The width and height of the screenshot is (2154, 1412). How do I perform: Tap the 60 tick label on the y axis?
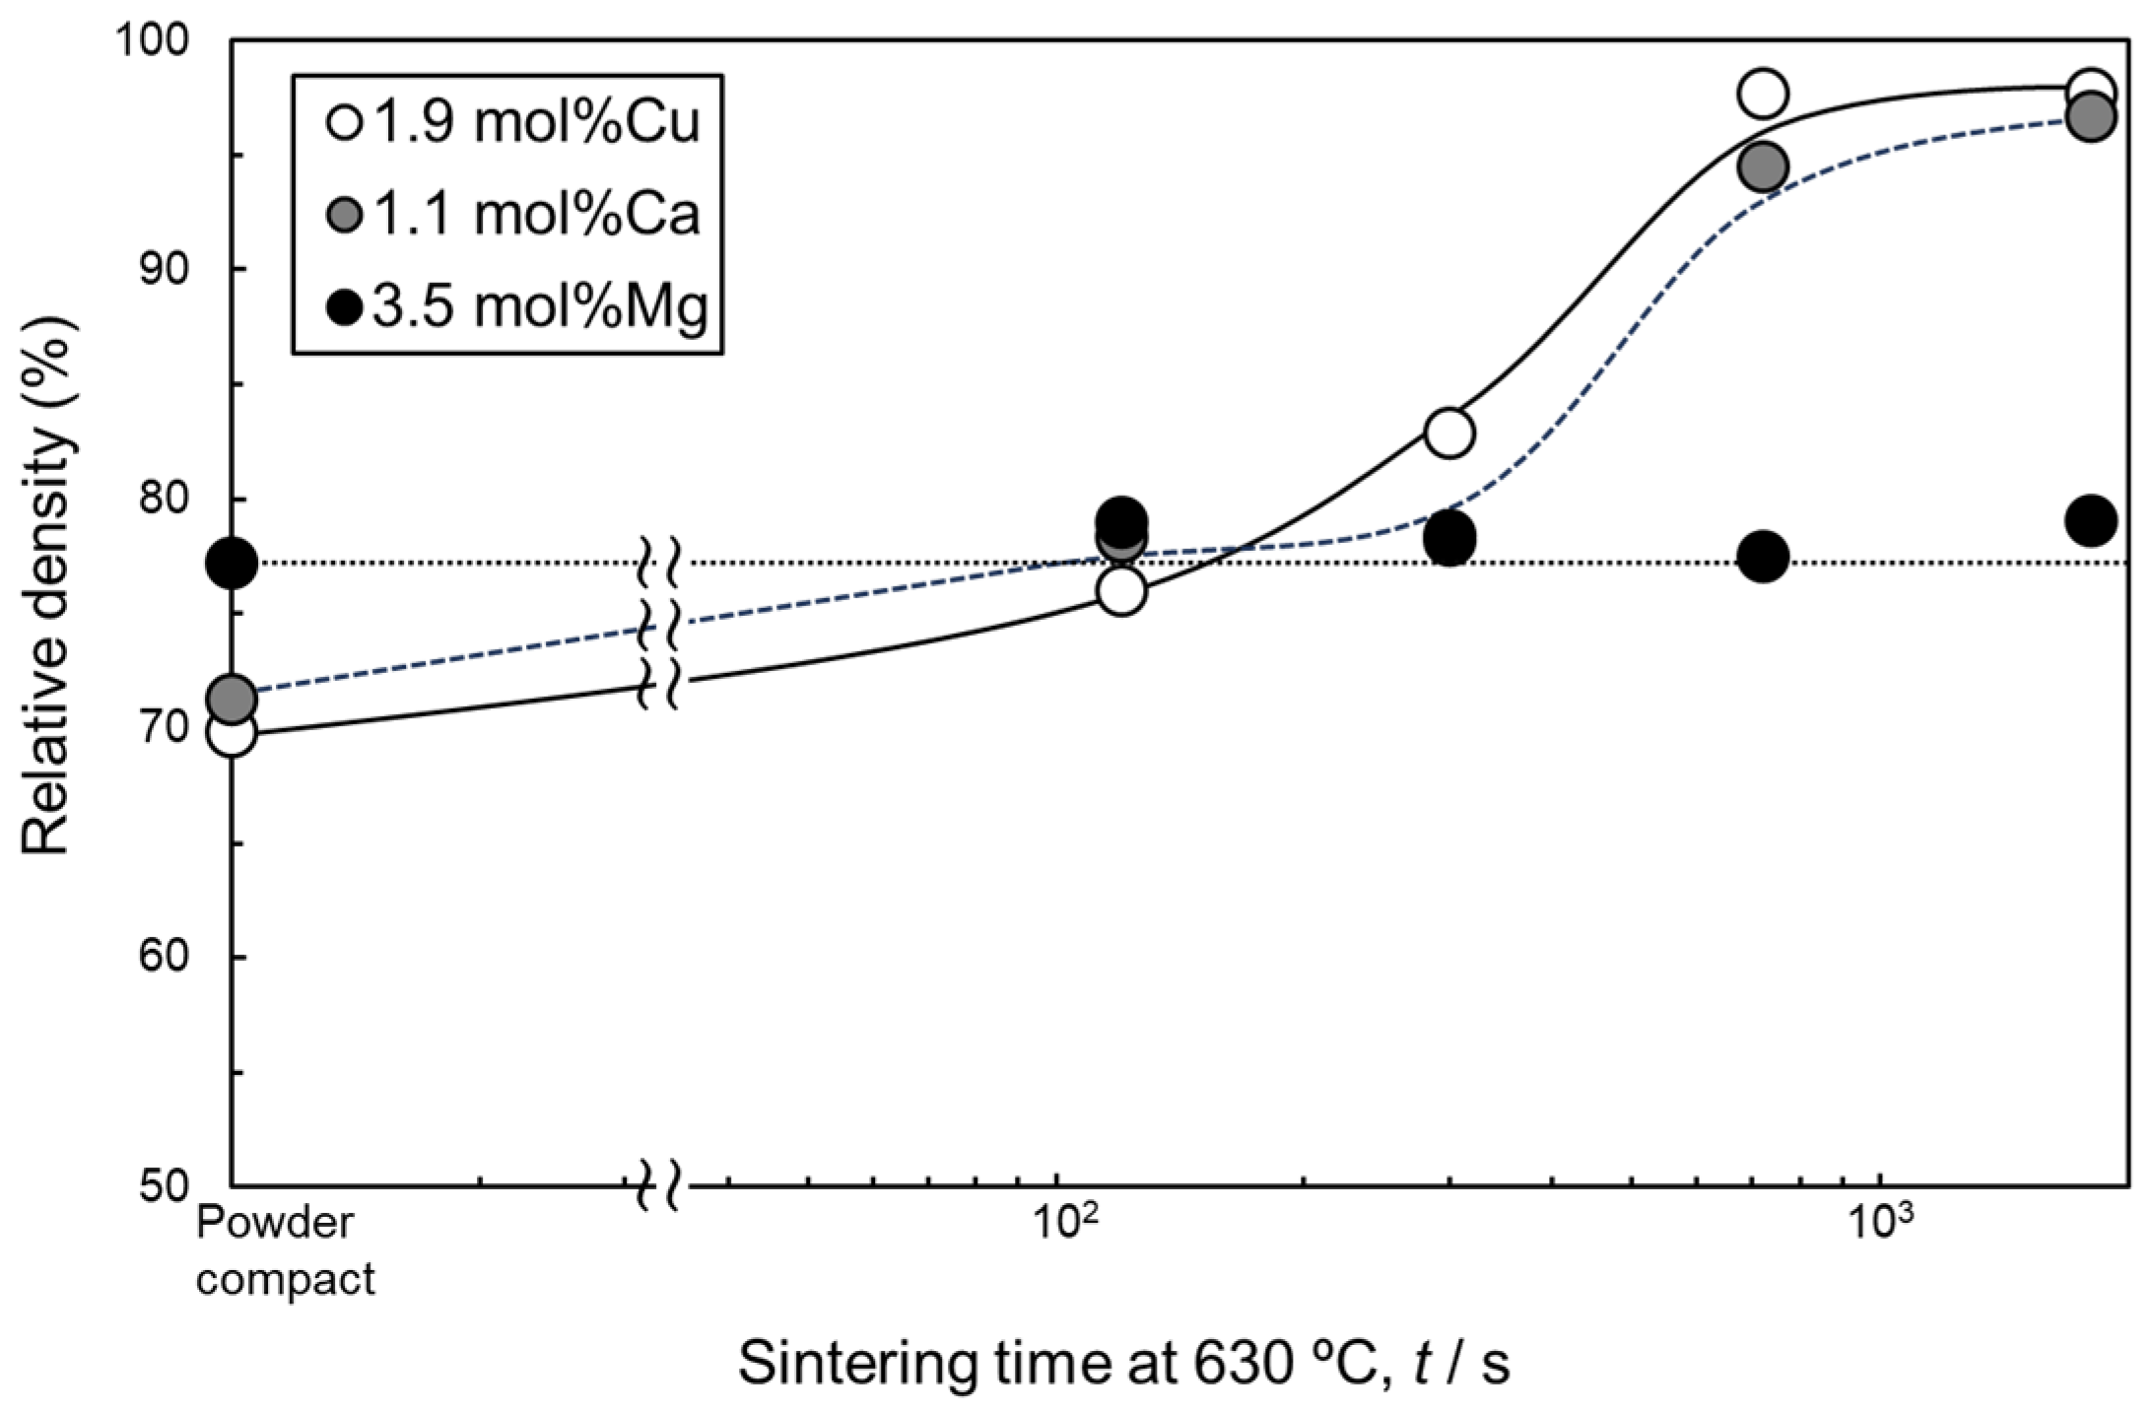tap(164, 956)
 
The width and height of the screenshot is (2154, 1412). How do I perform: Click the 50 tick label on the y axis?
tap(164, 1185)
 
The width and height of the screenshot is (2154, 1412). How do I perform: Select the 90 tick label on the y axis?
tap(164, 269)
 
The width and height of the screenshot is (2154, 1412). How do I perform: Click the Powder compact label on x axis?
tap(284, 1251)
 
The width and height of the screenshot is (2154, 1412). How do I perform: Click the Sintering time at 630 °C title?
tap(1123, 1364)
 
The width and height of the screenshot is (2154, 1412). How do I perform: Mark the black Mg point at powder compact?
tap(232, 564)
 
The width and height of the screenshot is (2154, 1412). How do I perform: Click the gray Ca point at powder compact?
tap(232, 700)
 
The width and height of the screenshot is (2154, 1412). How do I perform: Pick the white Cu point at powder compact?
tap(232, 732)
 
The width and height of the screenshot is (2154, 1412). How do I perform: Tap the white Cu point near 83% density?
tap(1448, 433)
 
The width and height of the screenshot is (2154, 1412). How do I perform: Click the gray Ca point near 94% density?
tap(1763, 168)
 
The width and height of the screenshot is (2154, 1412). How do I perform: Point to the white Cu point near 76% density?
tap(1120, 592)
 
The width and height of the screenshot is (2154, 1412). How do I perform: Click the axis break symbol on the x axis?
tap(660, 1185)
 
